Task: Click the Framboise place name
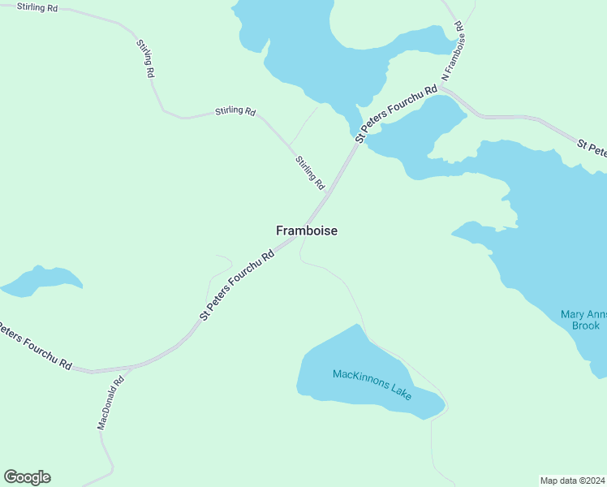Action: [x=306, y=231]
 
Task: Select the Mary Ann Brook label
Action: [x=583, y=320]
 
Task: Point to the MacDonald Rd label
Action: [x=110, y=403]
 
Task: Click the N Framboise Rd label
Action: [x=454, y=56]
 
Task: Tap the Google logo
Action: [x=27, y=477]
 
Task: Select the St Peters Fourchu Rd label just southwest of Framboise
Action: [x=237, y=284]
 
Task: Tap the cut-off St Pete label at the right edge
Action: [x=592, y=149]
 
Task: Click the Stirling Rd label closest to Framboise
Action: [x=310, y=172]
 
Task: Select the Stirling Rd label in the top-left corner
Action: [x=29, y=6]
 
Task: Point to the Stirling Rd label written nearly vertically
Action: [x=146, y=58]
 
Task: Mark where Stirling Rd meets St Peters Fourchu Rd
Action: [x=328, y=193]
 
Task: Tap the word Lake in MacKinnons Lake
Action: [x=399, y=393]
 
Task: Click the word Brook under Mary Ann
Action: [x=585, y=325]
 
